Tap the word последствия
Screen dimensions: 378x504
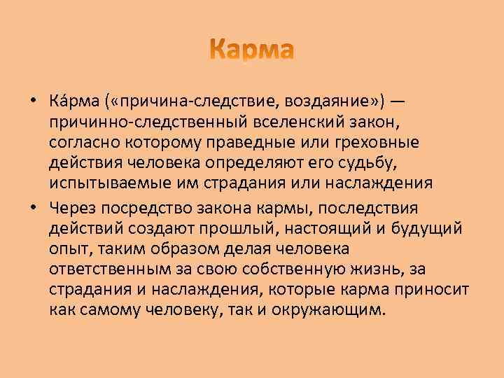[x=377, y=208]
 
